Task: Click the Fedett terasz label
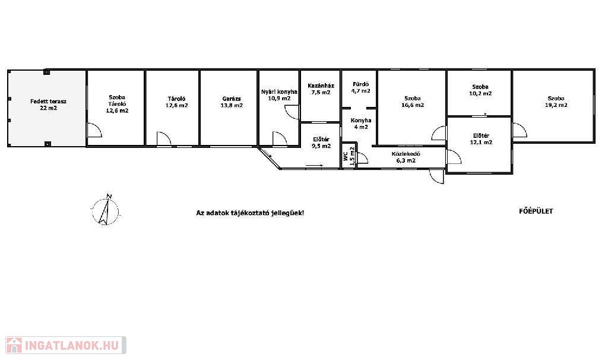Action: tap(49, 105)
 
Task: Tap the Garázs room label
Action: tap(232, 102)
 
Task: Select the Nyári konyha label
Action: tap(279, 95)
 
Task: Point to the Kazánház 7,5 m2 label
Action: tap(321, 89)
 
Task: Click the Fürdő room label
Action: tap(360, 88)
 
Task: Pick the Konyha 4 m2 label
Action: tap(360, 124)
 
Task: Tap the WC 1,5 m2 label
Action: tap(349, 156)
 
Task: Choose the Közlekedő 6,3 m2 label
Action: tap(406, 157)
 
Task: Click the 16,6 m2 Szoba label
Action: tap(413, 102)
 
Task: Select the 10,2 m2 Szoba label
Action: tap(480, 90)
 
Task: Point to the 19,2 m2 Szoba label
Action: tap(556, 102)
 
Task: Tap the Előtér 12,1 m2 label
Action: tap(481, 139)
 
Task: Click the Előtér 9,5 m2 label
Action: tap(321, 143)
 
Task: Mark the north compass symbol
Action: tap(106, 210)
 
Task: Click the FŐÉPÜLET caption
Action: tap(536, 211)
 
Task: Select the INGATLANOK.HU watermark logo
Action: tap(66, 345)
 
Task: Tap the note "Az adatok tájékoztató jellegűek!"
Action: tap(250, 213)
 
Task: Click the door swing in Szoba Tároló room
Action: tap(94, 130)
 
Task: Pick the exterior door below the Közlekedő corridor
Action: tap(437, 176)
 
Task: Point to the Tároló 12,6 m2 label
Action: tap(177, 102)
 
